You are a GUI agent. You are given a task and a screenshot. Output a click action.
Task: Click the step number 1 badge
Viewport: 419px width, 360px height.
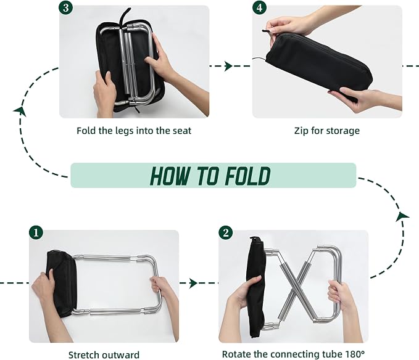[36, 233]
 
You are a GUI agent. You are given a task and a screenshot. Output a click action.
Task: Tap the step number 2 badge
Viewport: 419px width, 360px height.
[226, 233]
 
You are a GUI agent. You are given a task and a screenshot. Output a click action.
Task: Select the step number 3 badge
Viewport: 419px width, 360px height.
[66, 8]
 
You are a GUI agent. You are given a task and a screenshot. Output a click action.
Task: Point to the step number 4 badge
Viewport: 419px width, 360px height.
[259, 8]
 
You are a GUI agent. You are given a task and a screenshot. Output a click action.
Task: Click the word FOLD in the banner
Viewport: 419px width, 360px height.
[247, 176]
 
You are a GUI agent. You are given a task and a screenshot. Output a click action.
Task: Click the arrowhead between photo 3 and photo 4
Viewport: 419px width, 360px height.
[228, 66]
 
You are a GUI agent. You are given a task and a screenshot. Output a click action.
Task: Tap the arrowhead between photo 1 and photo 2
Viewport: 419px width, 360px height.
[193, 283]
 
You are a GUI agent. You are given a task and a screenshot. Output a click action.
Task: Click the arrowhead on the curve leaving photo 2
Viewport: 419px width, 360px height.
[402, 216]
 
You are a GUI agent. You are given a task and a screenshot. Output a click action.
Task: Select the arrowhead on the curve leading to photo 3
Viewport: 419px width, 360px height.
[20, 112]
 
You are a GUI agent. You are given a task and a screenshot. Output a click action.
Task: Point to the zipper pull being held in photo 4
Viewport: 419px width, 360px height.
[266, 31]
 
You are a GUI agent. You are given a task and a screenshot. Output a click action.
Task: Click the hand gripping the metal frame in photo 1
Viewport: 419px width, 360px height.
[160, 290]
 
